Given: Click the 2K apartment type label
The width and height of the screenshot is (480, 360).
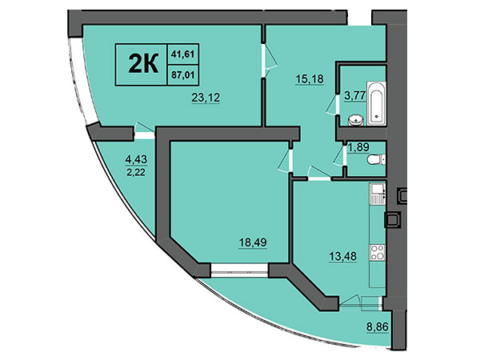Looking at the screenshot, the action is (143, 63).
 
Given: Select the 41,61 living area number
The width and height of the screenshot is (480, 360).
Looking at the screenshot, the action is (183, 54).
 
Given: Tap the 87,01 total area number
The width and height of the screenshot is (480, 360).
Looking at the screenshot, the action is (183, 75).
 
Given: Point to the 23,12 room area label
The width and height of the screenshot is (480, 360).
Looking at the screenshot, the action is (206, 98).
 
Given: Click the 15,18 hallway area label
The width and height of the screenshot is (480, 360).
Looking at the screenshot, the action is (310, 79).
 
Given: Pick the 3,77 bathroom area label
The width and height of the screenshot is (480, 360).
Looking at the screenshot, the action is (355, 95).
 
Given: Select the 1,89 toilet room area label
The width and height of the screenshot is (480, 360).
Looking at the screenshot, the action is (358, 147).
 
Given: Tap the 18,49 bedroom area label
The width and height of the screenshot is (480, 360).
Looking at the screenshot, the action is (253, 242).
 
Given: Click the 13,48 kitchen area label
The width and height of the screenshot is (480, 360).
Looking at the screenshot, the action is (343, 256).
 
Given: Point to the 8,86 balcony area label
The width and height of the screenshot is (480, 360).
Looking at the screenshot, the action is (378, 327).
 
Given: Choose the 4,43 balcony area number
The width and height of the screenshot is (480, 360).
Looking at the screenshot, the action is (136, 159).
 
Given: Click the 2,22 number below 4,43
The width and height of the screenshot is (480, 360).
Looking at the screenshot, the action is (136, 172).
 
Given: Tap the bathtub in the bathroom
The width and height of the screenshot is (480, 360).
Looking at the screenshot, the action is (377, 103).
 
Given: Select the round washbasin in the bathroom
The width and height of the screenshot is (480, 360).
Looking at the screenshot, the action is (356, 120).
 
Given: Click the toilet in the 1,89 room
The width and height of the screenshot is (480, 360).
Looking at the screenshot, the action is (376, 159).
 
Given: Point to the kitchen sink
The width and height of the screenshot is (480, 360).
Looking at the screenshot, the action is (377, 194).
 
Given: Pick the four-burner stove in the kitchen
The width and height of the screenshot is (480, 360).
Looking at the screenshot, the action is (377, 252).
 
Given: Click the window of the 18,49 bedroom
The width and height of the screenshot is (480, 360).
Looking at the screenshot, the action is (240, 270).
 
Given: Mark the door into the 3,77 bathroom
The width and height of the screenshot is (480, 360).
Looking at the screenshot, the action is (332, 104).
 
